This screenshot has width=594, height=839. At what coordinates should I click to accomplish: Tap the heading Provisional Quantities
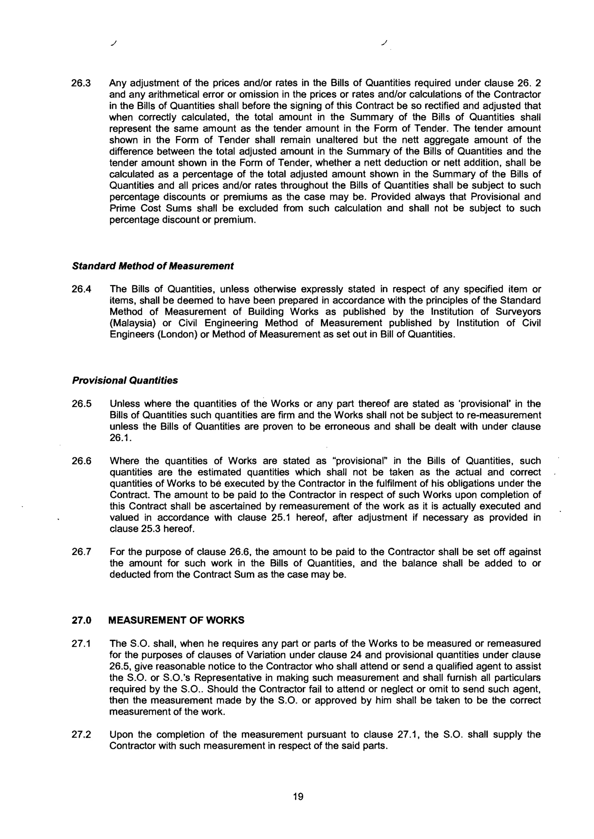(125, 381)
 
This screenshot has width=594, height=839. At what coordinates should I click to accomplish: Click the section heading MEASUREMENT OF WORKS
(176, 620)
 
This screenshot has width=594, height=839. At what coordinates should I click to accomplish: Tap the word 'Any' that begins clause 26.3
(118, 83)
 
